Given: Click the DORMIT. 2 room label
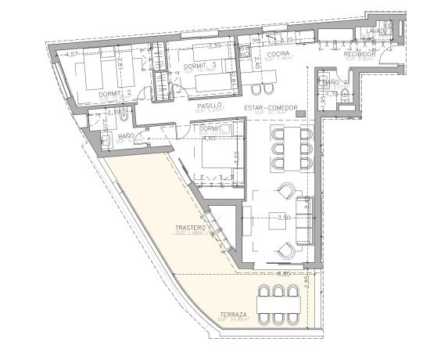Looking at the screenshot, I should coord(115,92).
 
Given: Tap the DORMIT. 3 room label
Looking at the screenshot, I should coord(195,66).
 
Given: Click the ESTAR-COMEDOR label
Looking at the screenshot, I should coord(268,107).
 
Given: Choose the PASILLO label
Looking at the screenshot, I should coord(210,104).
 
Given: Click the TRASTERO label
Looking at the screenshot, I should coord(189,229).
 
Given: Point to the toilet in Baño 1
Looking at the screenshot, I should coord(106,142).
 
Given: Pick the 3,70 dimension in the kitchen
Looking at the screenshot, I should coord(286,40).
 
